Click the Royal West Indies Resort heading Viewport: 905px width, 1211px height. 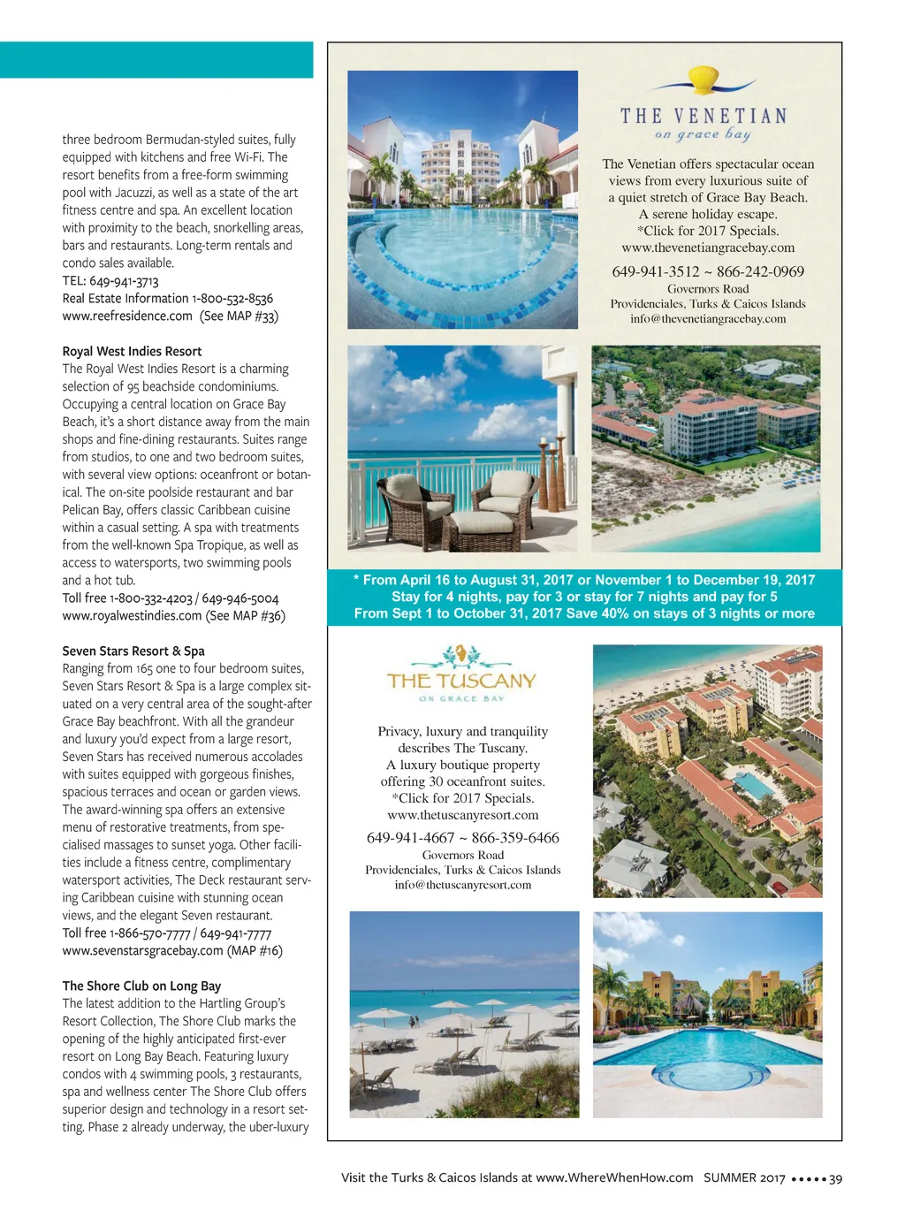tap(132, 351)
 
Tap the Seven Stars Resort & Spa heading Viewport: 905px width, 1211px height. tap(133, 651)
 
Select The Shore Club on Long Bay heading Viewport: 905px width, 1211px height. tap(141, 986)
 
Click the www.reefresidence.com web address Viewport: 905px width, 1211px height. tap(127, 316)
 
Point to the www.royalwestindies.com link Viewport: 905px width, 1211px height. tap(132, 615)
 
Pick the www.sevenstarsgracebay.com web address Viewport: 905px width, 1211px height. tap(142, 950)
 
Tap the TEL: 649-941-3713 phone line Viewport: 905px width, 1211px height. tap(110, 281)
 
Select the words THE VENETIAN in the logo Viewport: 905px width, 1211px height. tap(703, 116)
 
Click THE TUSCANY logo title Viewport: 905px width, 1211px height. tap(461, 681)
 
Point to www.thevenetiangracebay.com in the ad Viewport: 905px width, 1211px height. tap(708, 248)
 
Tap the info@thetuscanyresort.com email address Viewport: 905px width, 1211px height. tap(463, 885)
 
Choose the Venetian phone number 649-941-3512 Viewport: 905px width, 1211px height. tap(655, 271)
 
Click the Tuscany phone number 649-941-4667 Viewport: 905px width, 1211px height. tap(410, 838)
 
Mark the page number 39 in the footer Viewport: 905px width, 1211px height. tap(836, 1178)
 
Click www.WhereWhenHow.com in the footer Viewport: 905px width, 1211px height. tap(614, 1177)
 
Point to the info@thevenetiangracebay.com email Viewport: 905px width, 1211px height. tap(708, 319)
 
